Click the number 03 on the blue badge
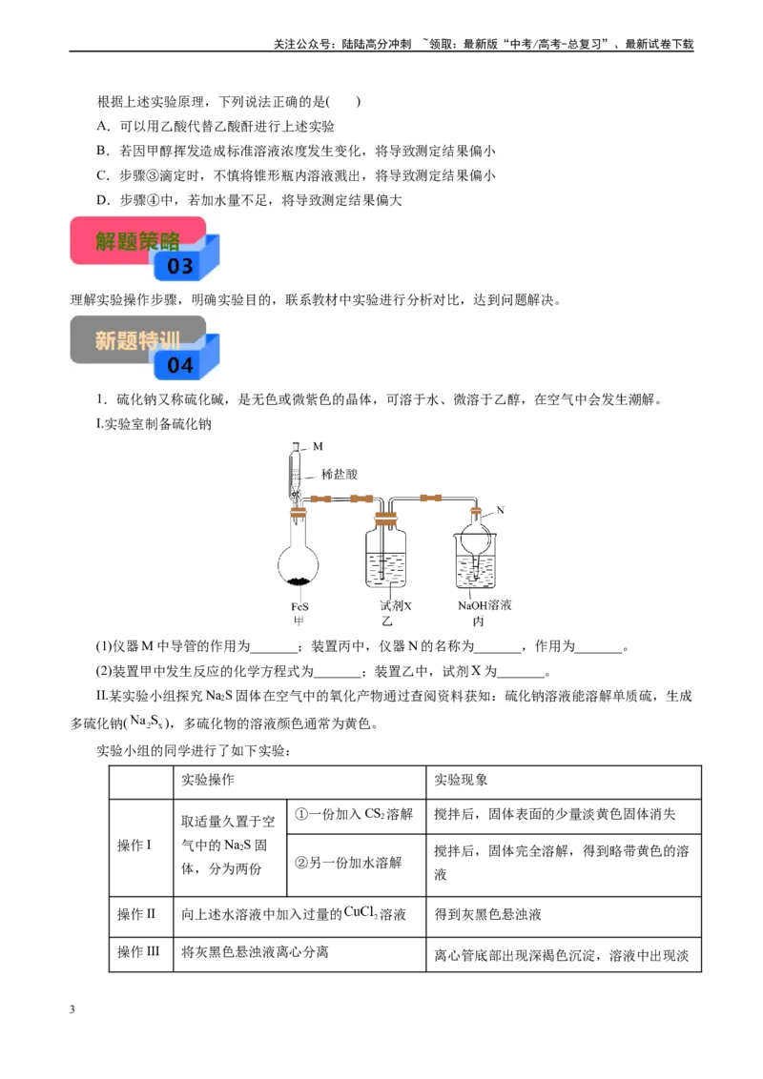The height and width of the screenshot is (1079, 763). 180,266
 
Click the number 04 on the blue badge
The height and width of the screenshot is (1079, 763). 180,365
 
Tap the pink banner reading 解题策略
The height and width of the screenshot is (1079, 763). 137,241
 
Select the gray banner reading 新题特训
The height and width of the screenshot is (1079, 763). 137,340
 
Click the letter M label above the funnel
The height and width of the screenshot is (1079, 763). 318,447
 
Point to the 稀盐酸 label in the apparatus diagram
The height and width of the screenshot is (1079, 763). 340,474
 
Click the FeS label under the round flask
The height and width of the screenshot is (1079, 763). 299,607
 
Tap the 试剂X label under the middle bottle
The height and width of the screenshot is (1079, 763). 395,605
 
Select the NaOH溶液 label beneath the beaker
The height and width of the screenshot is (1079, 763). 485,605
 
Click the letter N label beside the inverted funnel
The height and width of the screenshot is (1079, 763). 501,510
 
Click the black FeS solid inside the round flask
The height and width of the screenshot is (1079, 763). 299,580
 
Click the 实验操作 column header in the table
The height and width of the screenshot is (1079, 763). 207,780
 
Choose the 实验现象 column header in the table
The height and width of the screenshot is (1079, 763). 461,780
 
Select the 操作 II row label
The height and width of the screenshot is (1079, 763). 136,914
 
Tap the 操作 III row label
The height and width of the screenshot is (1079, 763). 138,951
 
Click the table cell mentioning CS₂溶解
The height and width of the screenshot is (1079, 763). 354,815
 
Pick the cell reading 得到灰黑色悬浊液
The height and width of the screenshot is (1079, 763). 487,914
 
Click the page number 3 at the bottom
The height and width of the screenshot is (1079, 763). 72,1009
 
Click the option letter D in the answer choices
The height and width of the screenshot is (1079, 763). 103,200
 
